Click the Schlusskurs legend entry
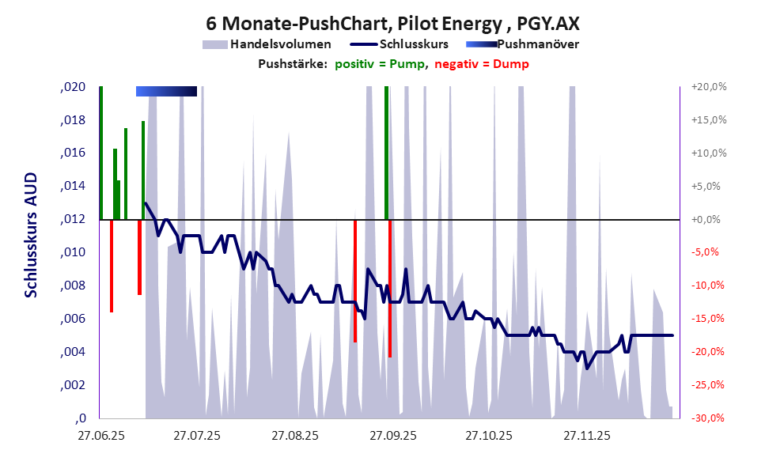(x=415, y=44)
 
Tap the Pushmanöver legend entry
(x=542, y=44)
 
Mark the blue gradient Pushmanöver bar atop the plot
(x=166, y=92)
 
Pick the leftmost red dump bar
(x=112, y=266)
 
